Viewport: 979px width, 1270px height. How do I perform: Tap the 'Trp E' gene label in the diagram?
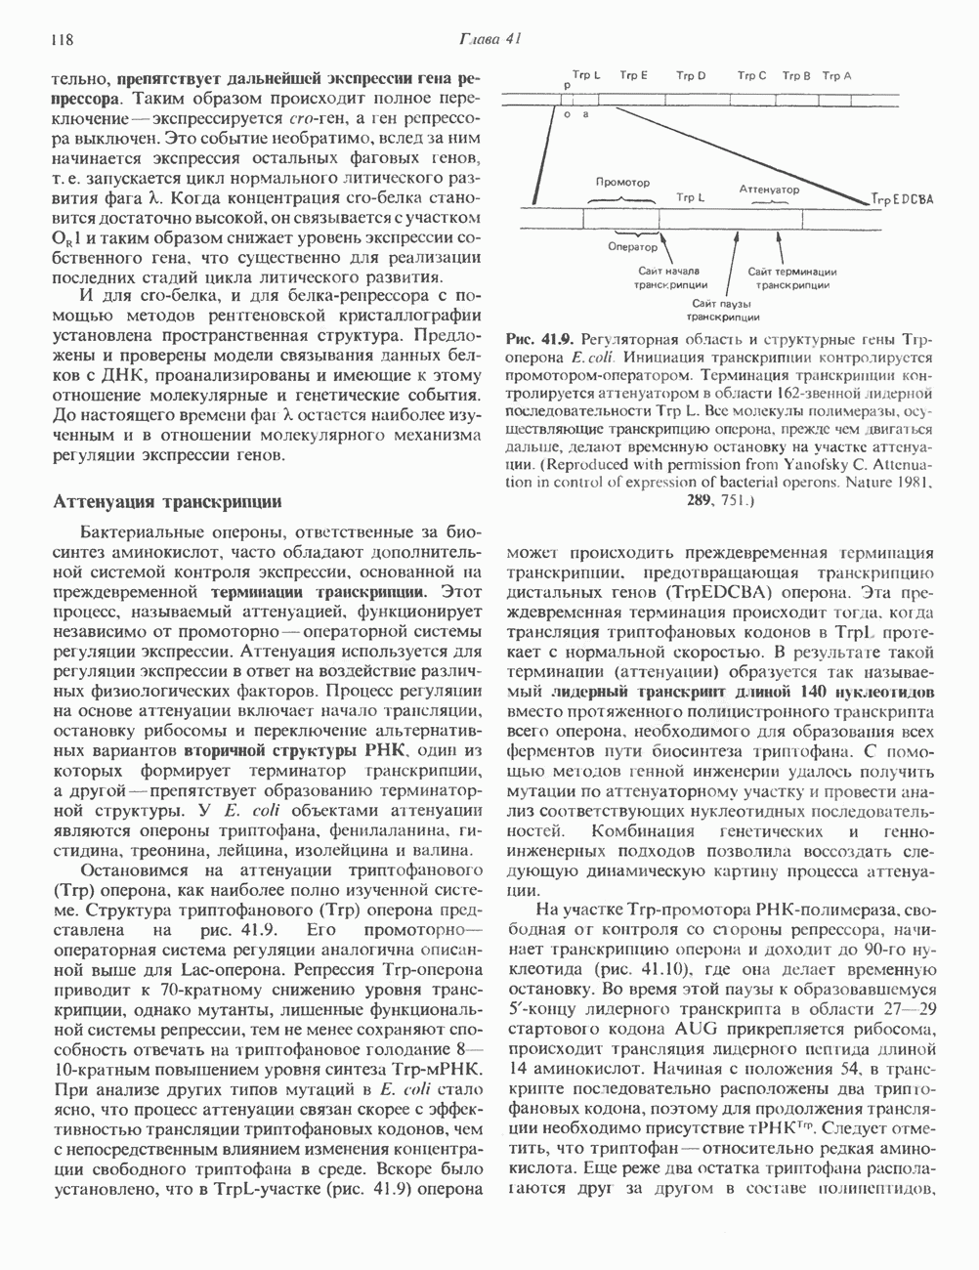[x=632, y=75]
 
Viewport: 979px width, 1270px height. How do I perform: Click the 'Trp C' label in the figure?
[x=751, y=75]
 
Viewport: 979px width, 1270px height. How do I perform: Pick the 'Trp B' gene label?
[x=796, y=75]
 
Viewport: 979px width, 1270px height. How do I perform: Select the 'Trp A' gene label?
[x=836, y=75]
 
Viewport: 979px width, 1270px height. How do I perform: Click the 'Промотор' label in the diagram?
[x=622, y=183]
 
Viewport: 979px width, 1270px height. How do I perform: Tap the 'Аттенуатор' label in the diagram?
[x=769, y=188]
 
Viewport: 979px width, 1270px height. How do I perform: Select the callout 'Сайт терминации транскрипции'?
[x=792, y=278]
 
